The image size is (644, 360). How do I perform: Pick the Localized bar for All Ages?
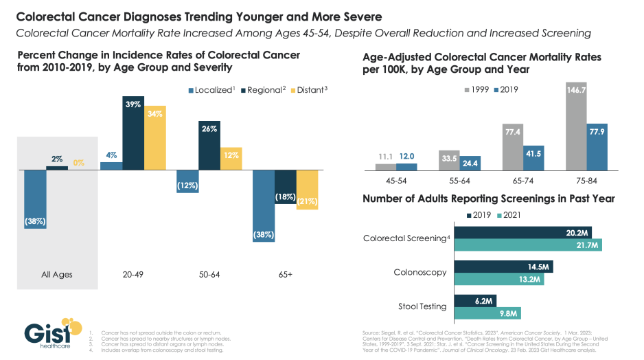pos(34,199)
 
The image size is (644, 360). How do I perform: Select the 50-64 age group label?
pos(209,274)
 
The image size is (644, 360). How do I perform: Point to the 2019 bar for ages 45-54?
pos(407,166)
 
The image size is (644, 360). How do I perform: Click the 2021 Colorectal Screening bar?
pos(528,245)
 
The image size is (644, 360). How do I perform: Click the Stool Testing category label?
pos(423,306)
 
